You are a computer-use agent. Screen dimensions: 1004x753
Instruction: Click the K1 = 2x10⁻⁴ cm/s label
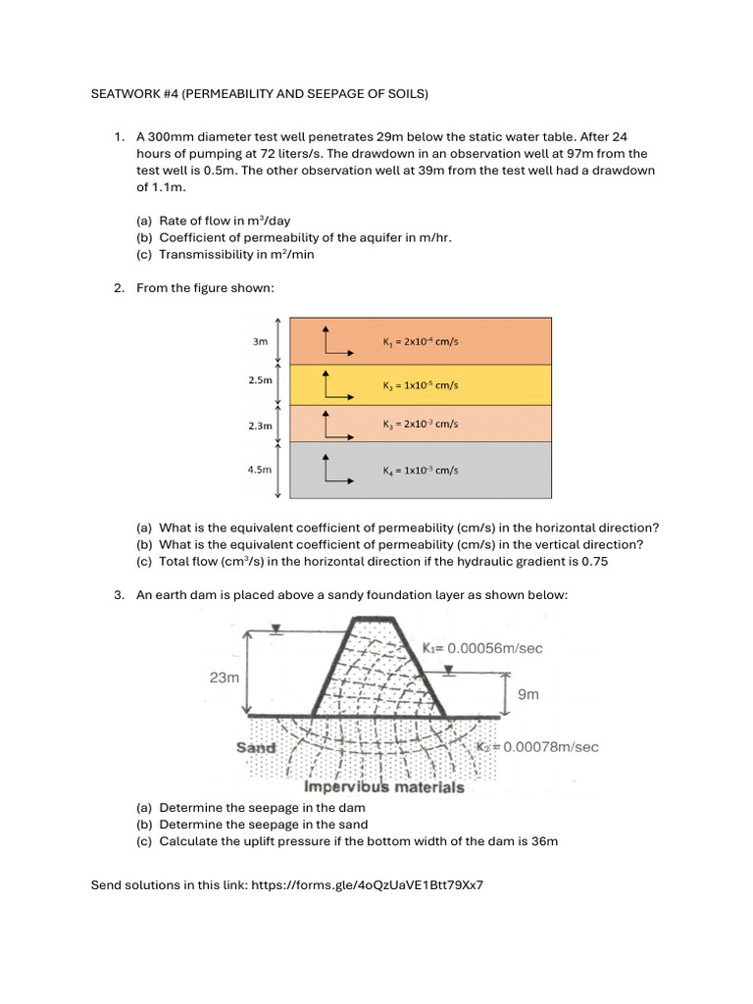421,342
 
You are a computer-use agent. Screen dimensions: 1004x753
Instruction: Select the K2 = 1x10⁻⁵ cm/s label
421,385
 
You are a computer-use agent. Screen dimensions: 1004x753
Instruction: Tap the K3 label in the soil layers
421,425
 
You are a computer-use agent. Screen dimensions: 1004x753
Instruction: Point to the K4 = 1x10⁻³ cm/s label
421,471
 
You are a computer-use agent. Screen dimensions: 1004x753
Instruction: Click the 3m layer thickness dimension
260,342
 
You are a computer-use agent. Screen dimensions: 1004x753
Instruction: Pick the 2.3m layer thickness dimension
260,427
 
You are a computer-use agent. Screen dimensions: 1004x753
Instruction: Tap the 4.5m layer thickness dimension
260,470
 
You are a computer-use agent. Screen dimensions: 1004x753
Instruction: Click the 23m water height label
221,677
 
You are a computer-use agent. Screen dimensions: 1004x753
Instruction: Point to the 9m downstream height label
528,694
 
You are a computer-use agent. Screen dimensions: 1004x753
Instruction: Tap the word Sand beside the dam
256,747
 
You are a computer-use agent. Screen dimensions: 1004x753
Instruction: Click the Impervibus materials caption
384,786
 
